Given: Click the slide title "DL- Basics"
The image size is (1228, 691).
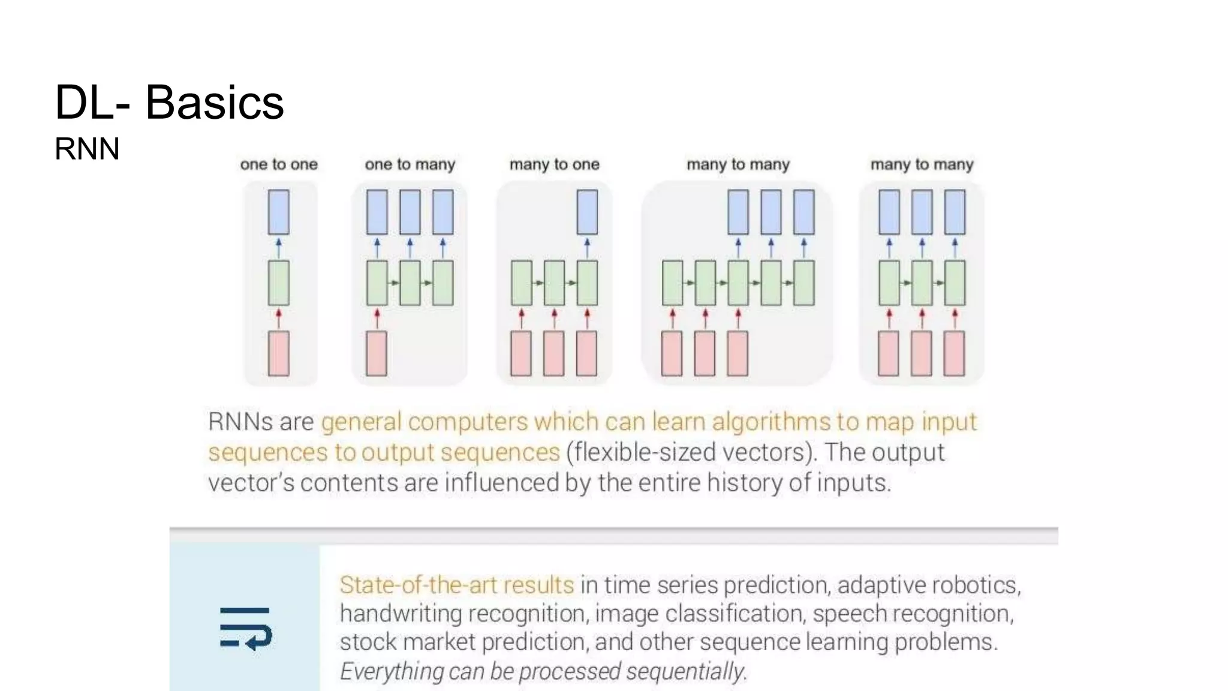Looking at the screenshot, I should tap(169, 102).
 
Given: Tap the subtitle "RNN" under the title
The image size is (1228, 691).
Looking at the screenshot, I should tap(87, 149).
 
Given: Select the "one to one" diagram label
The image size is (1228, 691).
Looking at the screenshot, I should tap(279, 164).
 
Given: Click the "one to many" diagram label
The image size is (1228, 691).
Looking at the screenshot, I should tap(410, 164).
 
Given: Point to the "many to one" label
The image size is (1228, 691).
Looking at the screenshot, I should tap(555, 164).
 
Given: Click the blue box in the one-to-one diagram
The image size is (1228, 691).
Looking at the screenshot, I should tap(278, 212).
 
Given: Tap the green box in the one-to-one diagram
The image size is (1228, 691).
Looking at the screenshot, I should tap(278, 283).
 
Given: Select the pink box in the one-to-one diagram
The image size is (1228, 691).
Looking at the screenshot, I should tap(278, 354).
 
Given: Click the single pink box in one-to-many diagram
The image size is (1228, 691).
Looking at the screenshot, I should tap(377, 354).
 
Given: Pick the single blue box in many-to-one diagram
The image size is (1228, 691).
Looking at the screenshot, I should tap(587, 212).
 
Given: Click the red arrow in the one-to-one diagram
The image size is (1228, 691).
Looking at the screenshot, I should tap(278, 318).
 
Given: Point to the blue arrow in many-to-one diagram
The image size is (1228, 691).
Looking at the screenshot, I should tap(587, 247).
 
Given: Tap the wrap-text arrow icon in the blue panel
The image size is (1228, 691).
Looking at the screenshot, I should tap(245, 628).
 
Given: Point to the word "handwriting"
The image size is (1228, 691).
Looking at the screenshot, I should tap(401, 614).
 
